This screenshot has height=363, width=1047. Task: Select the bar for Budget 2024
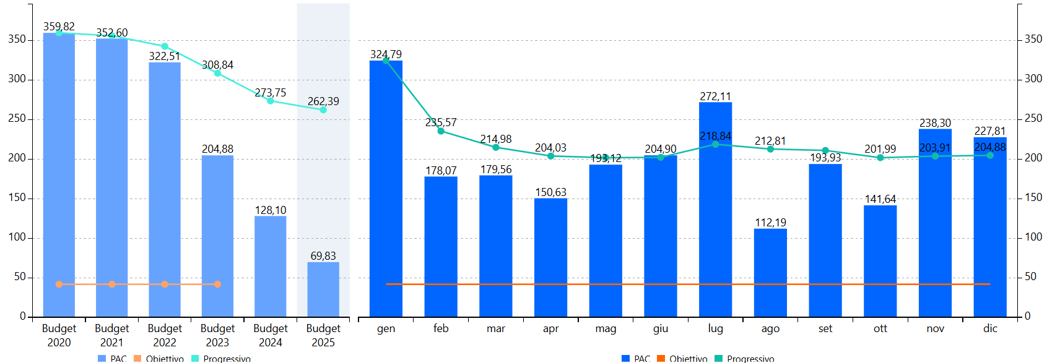271,266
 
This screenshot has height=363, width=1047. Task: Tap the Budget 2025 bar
323,289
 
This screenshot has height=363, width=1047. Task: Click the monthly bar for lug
715,210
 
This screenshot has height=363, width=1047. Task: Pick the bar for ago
770,272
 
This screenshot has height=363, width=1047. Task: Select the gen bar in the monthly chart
386,189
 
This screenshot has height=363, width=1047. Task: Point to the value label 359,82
59,27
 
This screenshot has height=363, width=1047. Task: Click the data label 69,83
323,256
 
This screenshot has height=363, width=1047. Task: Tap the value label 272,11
715,96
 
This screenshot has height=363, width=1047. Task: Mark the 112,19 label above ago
770,223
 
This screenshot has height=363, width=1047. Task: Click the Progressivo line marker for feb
441,131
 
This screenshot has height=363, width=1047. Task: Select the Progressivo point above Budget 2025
323,110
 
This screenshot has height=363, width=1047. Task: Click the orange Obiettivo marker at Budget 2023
217,284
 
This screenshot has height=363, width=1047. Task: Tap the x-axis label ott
880,328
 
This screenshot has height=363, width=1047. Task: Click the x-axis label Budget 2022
165,335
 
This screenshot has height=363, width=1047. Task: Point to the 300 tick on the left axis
17,79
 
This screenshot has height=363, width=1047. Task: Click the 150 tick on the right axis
1033,198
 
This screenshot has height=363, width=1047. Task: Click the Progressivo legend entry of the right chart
750,359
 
